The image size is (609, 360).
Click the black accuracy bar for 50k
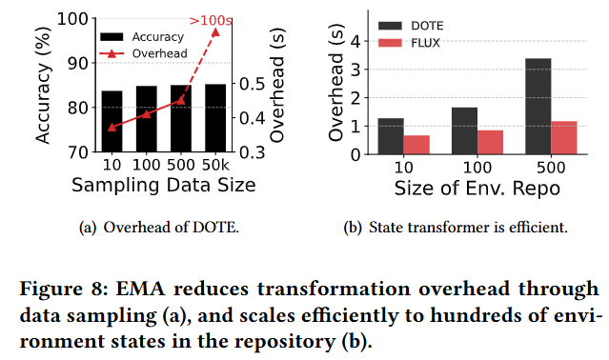215,118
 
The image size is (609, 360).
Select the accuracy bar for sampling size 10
112,121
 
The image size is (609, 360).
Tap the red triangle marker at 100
147,114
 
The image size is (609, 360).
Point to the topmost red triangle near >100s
215,32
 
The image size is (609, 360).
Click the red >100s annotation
211,20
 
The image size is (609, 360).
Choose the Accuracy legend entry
142,37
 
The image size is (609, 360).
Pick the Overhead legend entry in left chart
143,53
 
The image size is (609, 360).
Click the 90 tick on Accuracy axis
78,63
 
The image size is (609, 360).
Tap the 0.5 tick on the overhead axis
252,84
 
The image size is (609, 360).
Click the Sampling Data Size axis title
164,185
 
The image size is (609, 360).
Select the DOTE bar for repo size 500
538,107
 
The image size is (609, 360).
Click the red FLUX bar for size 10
416,145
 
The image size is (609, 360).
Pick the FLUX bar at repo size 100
490,142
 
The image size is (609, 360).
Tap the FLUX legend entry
410,43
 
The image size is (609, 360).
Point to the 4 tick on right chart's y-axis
355,41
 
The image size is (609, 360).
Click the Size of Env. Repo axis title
477,189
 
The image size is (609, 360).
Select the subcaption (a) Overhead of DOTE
159,228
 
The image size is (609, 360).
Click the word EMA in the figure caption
140,289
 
